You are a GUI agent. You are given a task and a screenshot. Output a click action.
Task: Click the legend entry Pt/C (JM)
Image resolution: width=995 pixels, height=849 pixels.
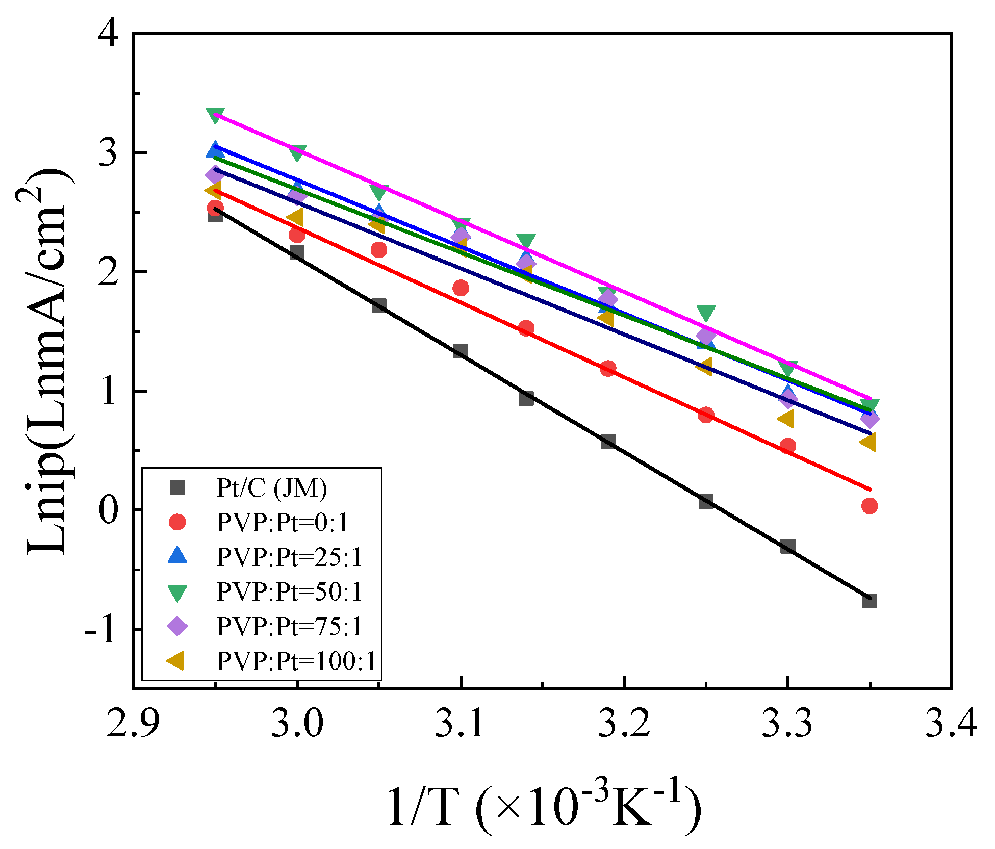coord(271,488)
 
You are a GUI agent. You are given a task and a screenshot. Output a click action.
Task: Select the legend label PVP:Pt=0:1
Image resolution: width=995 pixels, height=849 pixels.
coord(283,523)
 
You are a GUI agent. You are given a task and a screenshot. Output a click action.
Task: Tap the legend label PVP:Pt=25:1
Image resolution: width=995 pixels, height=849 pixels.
coord(289,557)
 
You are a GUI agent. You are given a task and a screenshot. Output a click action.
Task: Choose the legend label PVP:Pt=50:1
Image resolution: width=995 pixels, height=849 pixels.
coord(289,591)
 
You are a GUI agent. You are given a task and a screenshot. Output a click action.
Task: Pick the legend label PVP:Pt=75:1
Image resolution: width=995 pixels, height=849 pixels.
coord(289,626)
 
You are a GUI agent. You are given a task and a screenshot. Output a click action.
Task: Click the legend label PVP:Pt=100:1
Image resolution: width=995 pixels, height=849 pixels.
coord(296,661)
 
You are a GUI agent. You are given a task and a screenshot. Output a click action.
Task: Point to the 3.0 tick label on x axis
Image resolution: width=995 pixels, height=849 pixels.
coord(297,723)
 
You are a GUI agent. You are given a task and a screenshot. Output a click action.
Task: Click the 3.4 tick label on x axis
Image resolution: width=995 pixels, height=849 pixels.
coord(951,723)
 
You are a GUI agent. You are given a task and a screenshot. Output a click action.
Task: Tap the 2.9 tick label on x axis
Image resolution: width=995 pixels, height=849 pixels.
coord(133,723)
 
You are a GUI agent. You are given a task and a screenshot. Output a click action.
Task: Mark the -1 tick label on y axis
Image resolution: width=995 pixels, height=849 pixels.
coord(102,630)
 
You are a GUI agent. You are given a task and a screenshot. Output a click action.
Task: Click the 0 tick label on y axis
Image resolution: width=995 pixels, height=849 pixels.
coord(108,510)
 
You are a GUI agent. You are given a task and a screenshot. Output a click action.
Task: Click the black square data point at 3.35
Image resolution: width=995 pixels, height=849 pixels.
coord(870,600)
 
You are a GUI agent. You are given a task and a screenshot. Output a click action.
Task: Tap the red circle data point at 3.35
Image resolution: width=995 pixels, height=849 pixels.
coord(870,506)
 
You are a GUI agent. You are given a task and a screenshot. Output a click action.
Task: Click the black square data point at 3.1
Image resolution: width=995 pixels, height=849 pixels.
coord(461,351)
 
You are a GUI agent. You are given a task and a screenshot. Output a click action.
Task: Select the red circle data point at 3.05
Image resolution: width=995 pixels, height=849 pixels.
coord(379,250)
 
